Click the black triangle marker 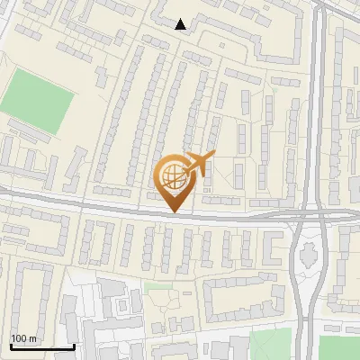[182, 24]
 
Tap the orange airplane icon [199, 163]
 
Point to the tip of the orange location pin [173, 211]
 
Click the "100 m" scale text [23, 338]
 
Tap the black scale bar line [41, 346]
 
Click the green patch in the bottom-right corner [340, 348]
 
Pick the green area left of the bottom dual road [271, 344]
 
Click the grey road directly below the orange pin [173, 216]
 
